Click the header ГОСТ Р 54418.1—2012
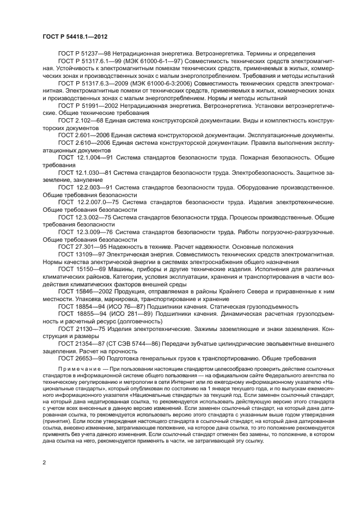(74, 37)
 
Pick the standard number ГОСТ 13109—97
(81, 254)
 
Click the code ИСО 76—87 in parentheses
(133, 306)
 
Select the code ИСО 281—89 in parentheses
(136, 315)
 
